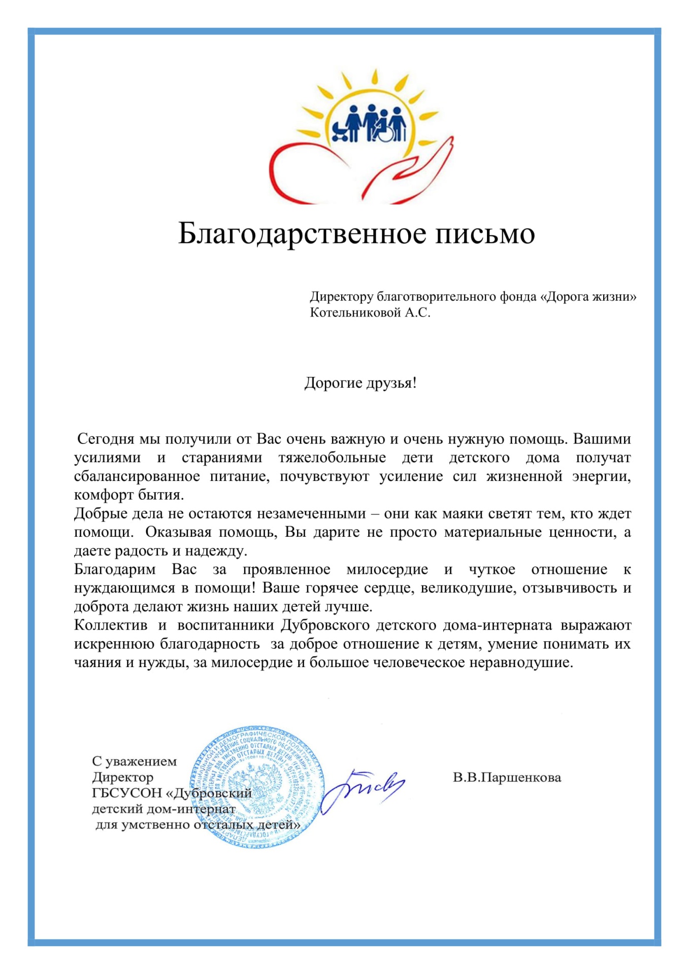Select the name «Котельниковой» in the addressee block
pyautogui.click(x=355, y=312)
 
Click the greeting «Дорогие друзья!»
pyautogui.click(x=360, y=382)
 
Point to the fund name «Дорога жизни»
pyautogui.click(x=588, y=296)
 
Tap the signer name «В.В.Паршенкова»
pyautogui.click(x=507, y=777)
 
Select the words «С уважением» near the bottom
pyautogui.click(x=135, y=761)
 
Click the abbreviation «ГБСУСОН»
pyautogui.click(x=126, y=793)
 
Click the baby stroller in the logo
pyautogui.click(x=340, y=131)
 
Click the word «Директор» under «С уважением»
pyautogui.click(x=123, y=777)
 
